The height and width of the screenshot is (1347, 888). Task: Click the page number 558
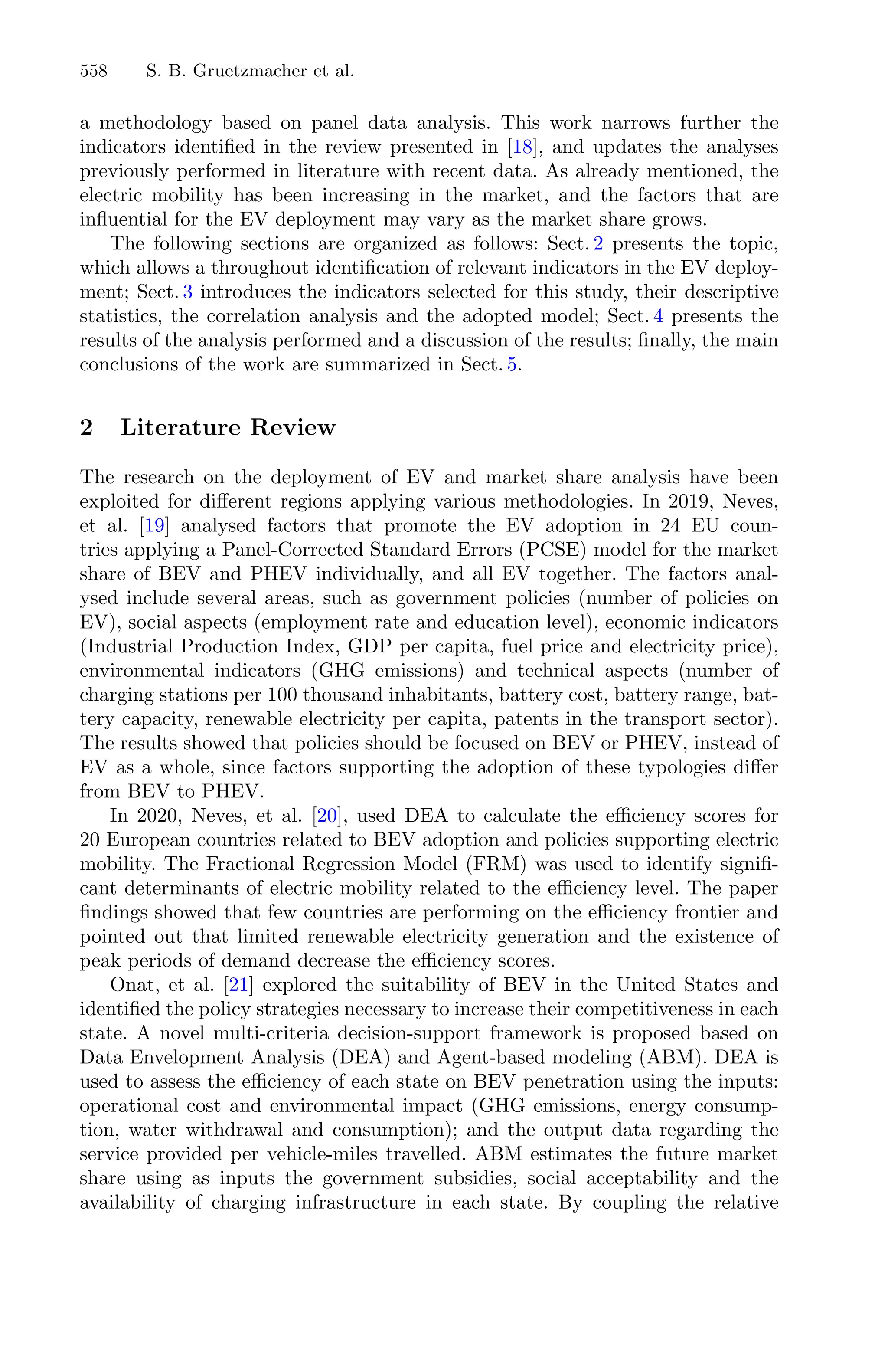[94, 71]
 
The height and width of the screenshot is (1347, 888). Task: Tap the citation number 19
[153, 526]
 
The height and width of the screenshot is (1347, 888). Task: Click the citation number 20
[327, 816]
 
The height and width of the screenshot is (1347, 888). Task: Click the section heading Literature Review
[228, 427]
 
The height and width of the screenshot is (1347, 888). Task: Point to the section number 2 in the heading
[86, 427]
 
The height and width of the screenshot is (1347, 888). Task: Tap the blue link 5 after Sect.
[512, 364]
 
